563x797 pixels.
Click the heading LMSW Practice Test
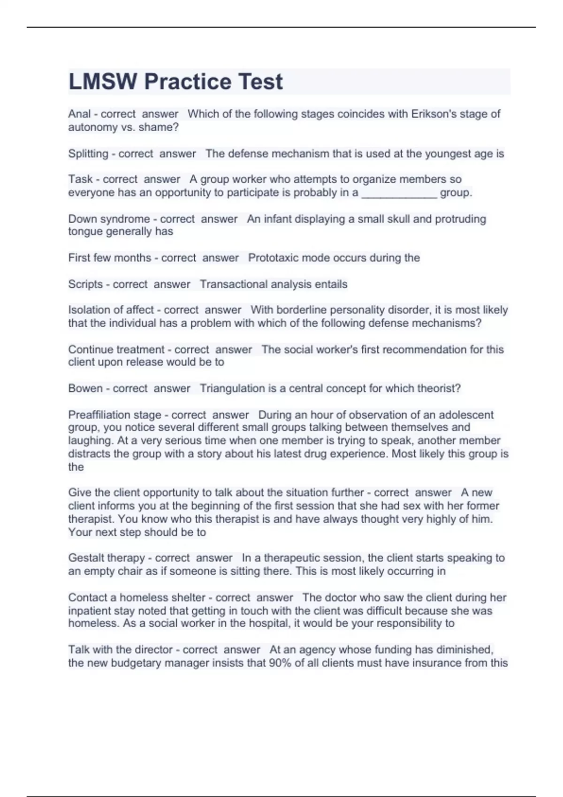[x=175, y=82]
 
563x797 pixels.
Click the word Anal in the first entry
[x=79, y=114]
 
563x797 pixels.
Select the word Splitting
[x=88, y=154]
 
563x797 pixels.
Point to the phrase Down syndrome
[x=109, y=219]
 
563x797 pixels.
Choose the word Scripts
[x=85, y=284]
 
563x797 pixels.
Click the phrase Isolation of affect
[x=111, y=310]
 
